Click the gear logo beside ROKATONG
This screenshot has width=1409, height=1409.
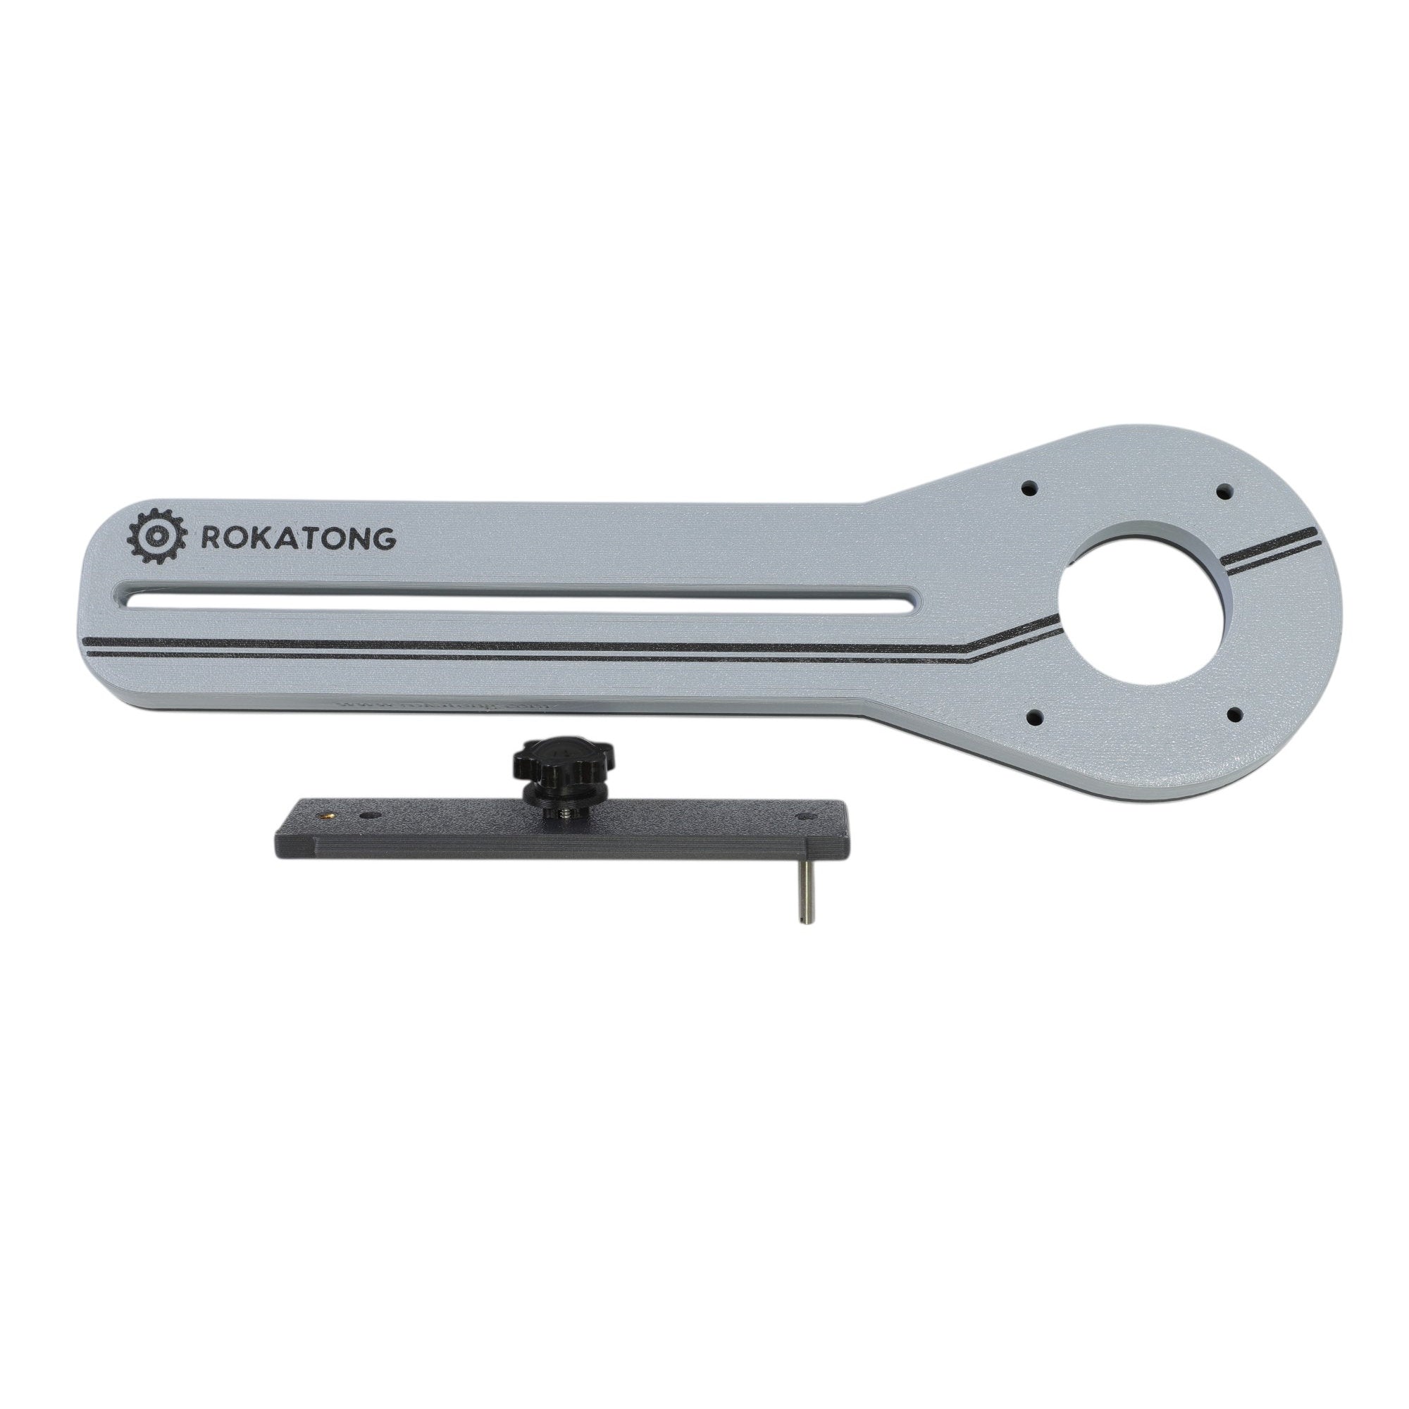(x=152, y=537)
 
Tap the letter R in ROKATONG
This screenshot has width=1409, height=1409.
(x=207, y=538)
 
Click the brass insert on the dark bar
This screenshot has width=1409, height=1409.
(x=326, y=810)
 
